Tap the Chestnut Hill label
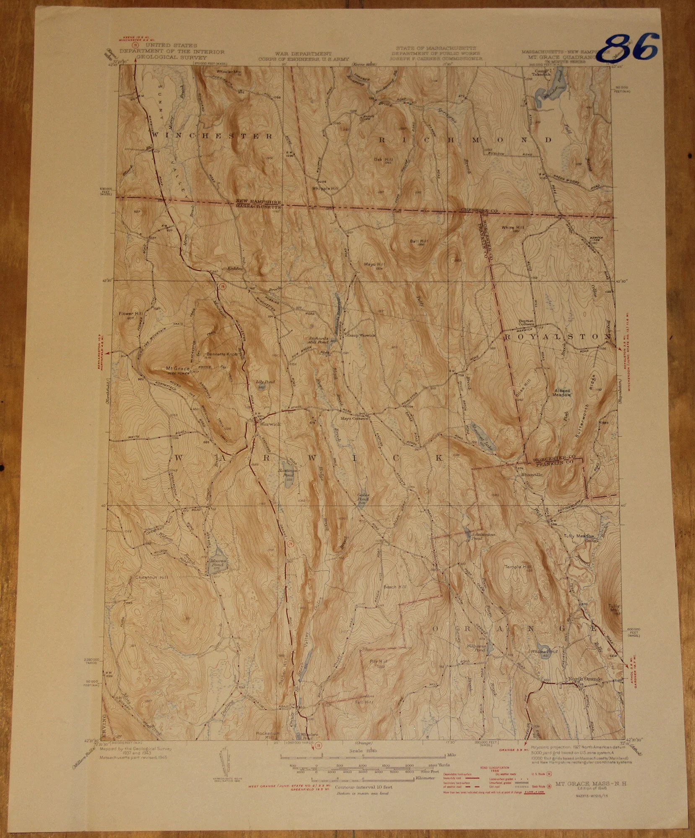point(151,577)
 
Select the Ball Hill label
point(419,241)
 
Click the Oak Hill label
point(382,159)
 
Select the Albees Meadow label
point(563,392)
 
